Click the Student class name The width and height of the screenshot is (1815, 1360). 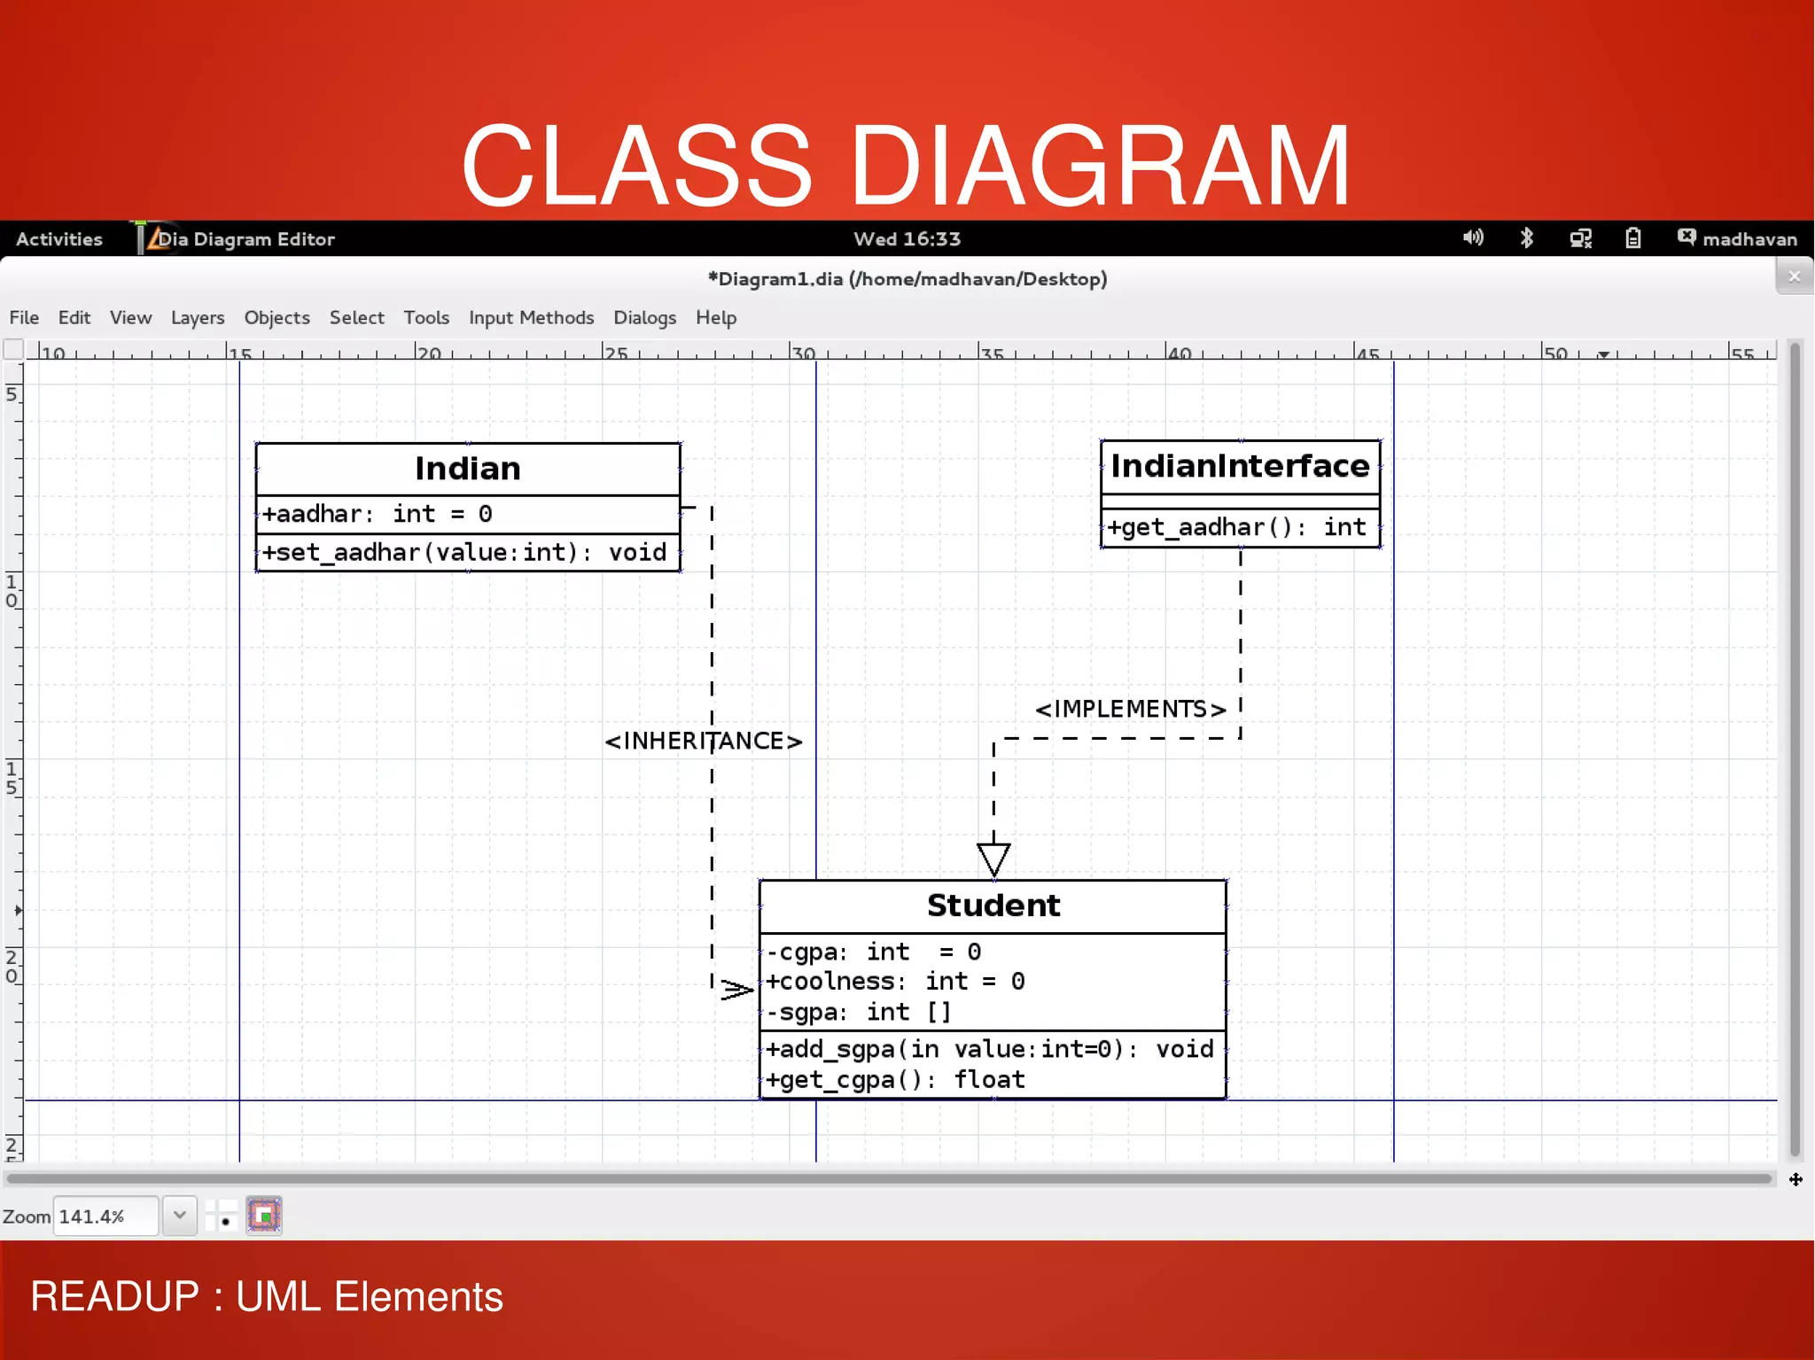pos(993,905)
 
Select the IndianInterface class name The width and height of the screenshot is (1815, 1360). pos(1239,466)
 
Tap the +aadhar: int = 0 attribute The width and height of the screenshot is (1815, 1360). pos(377,514)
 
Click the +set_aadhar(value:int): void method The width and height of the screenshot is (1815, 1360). pos(464,552)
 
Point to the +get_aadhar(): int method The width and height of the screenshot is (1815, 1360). pos(1236,527)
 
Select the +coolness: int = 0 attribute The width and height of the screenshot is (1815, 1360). pos(895,982)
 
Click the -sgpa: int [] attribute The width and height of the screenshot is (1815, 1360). pos(858,1012)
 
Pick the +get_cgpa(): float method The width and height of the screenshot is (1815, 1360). pos(895,1080)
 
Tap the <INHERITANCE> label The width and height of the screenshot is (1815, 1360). pos(703,741)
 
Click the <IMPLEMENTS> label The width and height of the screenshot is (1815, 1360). pos(1130,709)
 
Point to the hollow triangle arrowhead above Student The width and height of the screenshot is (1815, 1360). pos(993,858)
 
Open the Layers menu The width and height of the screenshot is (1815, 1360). pos(197,317)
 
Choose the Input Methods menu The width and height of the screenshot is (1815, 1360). pos(531,317)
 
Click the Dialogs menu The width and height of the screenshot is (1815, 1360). pos(644,317)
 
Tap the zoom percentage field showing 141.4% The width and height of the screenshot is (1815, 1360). pos(105,1216)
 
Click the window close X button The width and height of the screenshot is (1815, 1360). pos(1794,276)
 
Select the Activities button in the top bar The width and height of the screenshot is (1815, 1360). pos(58,239)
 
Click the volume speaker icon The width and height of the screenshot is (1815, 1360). pos(1472,237)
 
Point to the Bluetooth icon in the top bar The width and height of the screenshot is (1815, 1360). pos(1526,237)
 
